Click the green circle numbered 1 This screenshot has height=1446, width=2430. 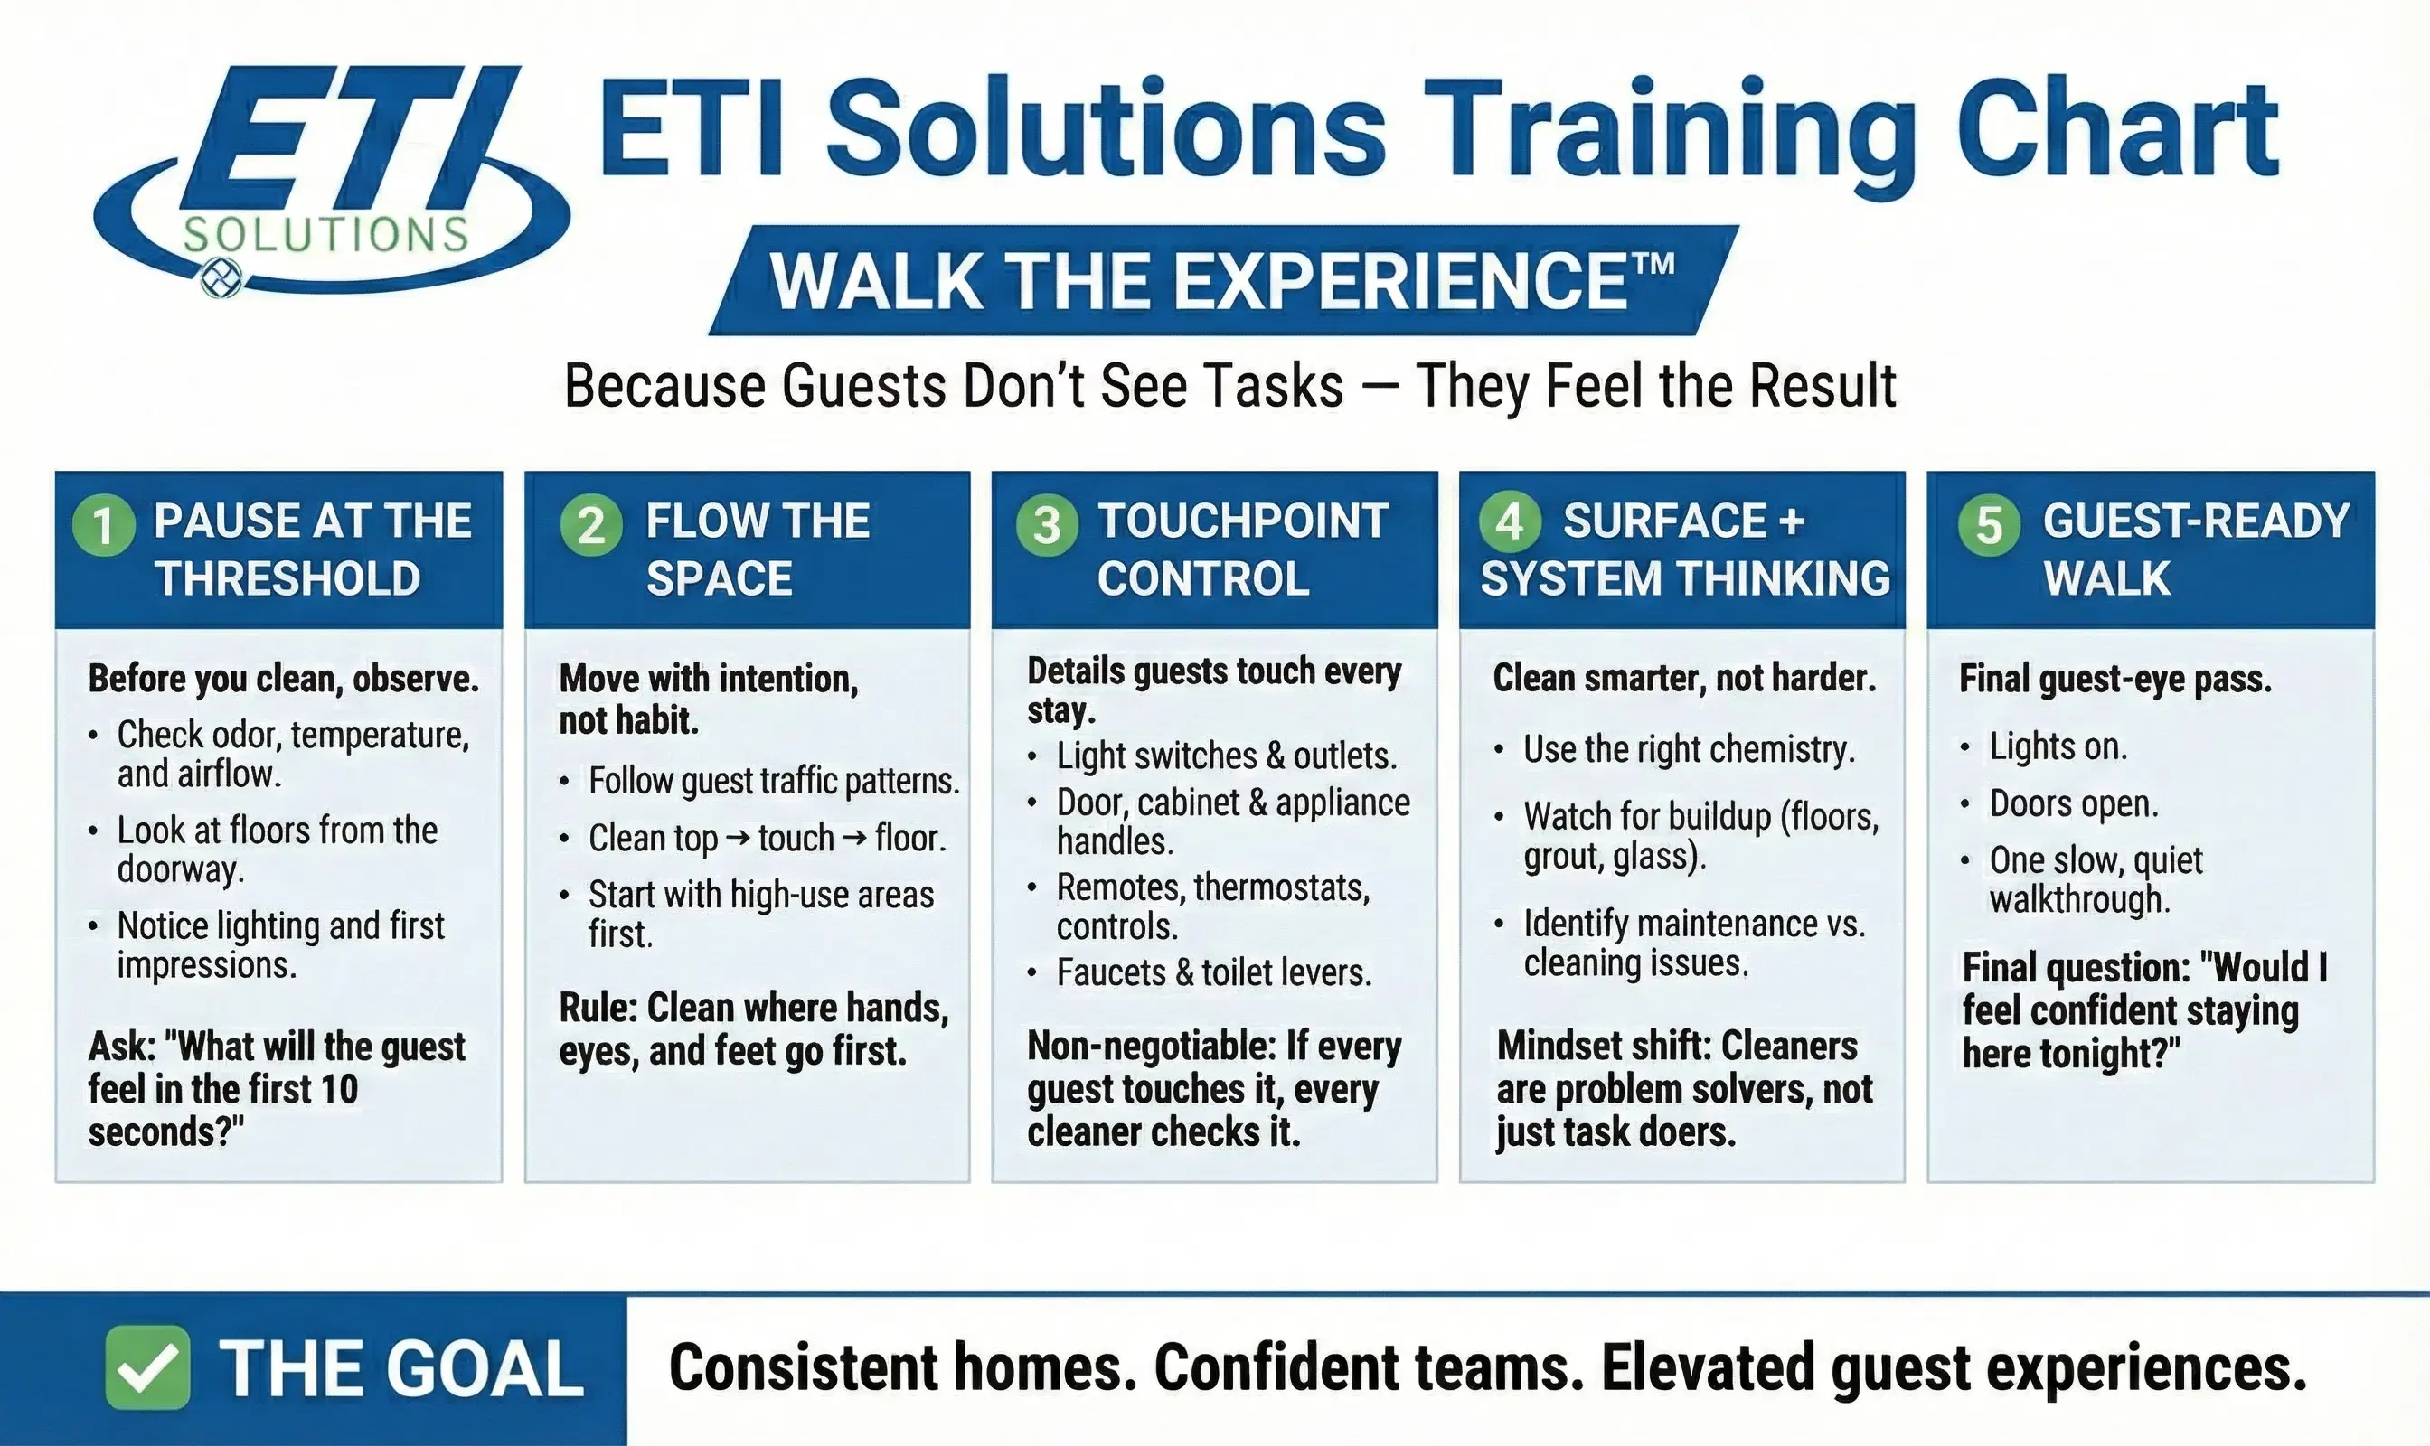pos(103,524)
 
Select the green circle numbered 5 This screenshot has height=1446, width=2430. pos(1989,524)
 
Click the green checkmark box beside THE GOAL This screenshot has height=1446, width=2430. pos(147,1367)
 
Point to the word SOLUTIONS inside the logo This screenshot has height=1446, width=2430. pos(325,235)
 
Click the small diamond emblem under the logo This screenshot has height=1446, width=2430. pos(221,278)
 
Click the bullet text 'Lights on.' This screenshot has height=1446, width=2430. pos(2058,746)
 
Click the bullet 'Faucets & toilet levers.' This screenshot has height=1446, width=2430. pos(1213,972)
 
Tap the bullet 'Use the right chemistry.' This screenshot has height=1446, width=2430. pos(1688,749)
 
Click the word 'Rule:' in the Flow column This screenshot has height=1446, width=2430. pos(598,1008)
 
